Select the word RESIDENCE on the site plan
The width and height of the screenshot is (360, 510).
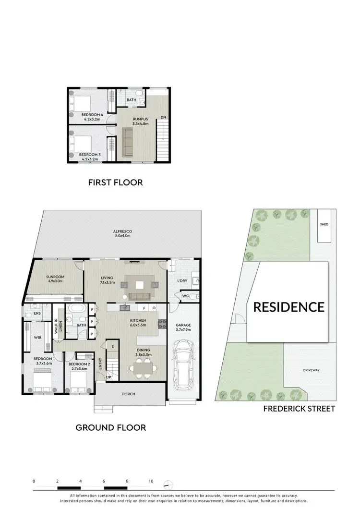288,307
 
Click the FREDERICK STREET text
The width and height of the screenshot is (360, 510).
299,409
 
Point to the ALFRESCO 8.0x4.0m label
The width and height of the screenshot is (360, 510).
122,234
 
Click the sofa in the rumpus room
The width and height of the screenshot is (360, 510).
128,141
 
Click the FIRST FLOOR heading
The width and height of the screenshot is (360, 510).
115,182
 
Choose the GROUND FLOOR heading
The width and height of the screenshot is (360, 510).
111,427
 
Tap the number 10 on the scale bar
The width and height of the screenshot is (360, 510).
151,481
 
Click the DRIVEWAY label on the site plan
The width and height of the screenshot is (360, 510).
311,370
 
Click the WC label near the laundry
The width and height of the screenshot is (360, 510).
185,296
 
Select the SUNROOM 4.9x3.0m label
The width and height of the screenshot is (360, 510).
56,279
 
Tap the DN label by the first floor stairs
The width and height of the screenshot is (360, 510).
164,117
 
